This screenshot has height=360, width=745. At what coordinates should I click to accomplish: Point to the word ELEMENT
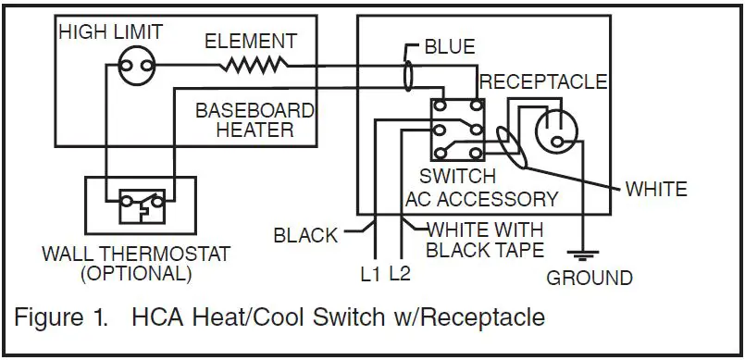tap(250, 42)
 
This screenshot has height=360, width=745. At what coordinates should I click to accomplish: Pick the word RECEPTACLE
tap(543, 81)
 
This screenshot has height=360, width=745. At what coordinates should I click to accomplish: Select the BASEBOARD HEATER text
tap(255, 120)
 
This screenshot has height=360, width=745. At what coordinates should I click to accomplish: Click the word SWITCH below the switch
tap(457, 176)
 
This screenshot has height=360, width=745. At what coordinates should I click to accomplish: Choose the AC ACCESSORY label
tap(481, 198)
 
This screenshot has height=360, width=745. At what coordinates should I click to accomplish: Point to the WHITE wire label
tap(656, 190)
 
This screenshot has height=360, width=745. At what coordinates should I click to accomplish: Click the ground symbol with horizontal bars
tap(580, 253)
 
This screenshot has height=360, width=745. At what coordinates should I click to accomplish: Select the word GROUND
tap(590, 278)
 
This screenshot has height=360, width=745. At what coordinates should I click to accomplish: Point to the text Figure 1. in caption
tap(62, 317)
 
